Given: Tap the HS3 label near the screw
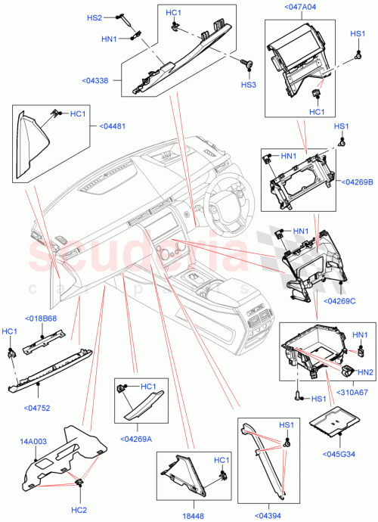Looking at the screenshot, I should pos(248,85).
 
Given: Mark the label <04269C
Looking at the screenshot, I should pos(341,300).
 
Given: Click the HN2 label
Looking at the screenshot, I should pos(364,371).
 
